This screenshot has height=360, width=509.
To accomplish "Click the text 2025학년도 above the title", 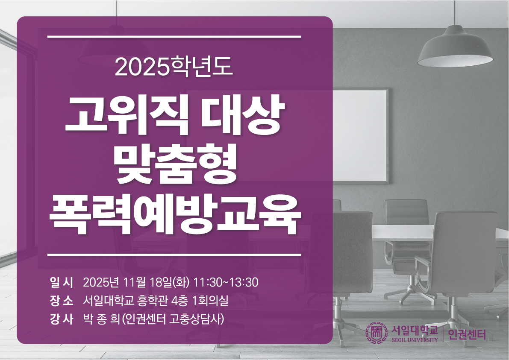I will [174, 67].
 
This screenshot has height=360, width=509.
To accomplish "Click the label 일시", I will [62, 282].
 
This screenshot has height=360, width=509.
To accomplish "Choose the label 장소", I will [62, 301].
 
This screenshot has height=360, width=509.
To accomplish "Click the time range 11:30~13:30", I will [226, 282].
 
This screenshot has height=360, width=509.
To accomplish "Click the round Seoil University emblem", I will [377, 334].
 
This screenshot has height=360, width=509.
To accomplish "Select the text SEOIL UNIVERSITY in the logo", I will [415, 340].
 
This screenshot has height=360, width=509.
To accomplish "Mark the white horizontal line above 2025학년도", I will [174, 37].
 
